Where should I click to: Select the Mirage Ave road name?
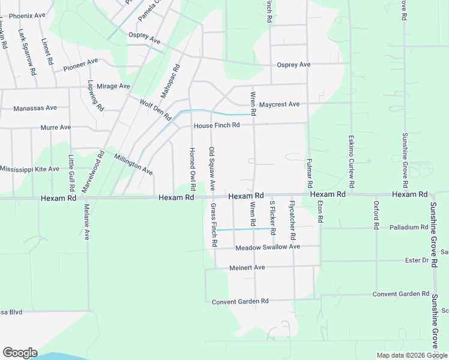(113, 86)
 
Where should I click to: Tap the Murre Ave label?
(55, 127)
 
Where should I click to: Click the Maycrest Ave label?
(279, 104)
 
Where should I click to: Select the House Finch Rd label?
(217, 125)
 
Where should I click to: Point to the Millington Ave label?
(133, 163)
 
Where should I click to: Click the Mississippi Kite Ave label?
(29, 169)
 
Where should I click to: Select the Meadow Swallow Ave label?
(268, 247)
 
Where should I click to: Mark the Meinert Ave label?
(247, 268)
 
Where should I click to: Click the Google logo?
(20, 353)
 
